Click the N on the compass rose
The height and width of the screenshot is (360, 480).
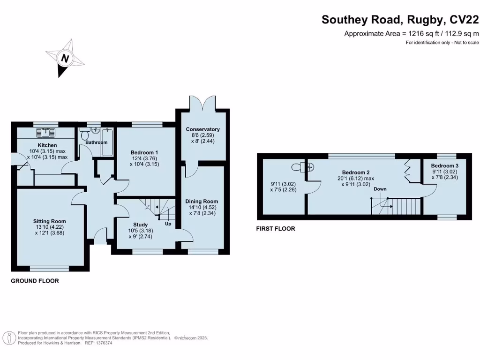(x=65, y=59)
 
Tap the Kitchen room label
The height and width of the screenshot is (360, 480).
(x=47, y=145)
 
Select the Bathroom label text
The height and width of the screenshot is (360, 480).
(x=97, y=142)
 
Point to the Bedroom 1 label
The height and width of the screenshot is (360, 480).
(x=144, y=152)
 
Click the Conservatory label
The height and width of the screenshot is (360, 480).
(x=202, y=129)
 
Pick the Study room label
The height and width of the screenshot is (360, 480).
(x=140, y=225)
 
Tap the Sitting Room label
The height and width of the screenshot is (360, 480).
(x=49, y=221)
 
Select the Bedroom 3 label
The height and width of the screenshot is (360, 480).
(x=445, y=166)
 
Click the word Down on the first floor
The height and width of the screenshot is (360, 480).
(x=380, y=189)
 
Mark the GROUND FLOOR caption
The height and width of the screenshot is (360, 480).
(x=35, y=281)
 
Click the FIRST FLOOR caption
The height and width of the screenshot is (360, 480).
(x=276, y=229)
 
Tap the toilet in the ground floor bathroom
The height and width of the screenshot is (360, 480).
(x=85, y=135)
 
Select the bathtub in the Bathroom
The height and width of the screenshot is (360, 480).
(x=108, y=142)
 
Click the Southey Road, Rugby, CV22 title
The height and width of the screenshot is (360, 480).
(x=400, y=20)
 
